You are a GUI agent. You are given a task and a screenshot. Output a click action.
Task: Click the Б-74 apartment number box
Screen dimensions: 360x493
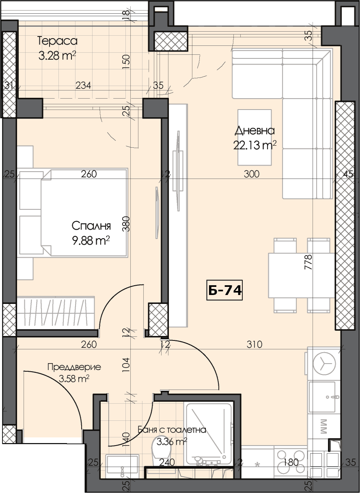pos(224,290)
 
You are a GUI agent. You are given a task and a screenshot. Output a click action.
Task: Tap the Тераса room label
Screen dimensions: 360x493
pos(57,41)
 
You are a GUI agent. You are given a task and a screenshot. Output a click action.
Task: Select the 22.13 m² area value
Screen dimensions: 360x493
pos(255,145)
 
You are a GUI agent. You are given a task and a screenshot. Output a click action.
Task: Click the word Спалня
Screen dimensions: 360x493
pos(91,226)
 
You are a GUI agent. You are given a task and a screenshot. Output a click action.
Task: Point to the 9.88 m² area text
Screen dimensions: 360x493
pos(91,241)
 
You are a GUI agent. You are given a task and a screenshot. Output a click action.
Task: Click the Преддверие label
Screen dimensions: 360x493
pos(74,367)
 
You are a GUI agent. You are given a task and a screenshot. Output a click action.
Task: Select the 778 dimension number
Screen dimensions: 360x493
pos(308,262)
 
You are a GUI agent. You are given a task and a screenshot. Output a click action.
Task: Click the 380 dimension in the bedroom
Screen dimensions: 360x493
pos(126,224)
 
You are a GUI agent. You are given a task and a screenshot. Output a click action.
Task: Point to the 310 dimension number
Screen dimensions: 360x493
pos(254,344)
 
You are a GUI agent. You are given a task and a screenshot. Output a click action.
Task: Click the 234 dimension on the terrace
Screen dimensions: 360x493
pos(83,85)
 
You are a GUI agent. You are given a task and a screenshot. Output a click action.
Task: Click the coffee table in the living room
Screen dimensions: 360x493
pos(254,137)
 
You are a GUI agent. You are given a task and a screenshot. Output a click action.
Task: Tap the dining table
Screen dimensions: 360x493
pos(302,276)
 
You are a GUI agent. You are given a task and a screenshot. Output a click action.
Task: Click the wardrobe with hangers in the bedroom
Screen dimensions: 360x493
pos(56,313)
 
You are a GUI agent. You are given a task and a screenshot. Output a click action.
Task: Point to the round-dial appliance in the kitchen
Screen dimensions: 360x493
pos(324,364)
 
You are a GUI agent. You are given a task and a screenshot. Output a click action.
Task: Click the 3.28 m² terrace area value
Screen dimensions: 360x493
pos(57,56)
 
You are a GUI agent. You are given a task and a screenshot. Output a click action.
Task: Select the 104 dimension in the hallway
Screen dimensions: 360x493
pos(126,365)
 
